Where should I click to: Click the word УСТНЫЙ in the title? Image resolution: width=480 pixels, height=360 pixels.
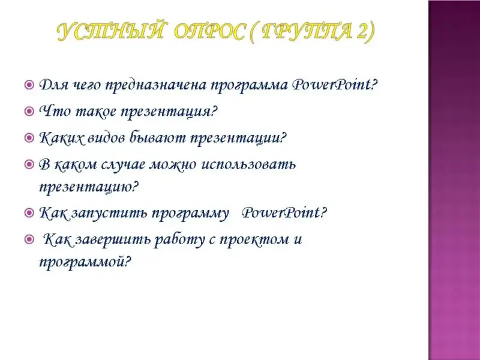click(x=110, y=32)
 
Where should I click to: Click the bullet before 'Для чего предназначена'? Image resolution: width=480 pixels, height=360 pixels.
click(x=29, y=85)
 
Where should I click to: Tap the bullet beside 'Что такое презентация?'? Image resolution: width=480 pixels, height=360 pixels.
click(x=29, y=111)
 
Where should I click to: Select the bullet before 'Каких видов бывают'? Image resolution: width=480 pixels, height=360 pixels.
click(x=29, y=138)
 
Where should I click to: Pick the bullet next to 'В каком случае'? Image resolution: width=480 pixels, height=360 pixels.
click(x=29, y=164)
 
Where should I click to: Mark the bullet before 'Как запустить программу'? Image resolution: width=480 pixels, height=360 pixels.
click(x=29, y=212)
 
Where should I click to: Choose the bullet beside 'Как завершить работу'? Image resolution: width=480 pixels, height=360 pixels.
click(x=29, y=239)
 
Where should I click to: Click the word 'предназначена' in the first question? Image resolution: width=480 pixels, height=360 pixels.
click(x=156, y=85)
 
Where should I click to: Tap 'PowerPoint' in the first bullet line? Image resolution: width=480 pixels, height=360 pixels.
click(x=331, y=85)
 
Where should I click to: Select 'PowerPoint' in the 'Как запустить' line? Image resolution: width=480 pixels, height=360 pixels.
click(x=281, y=212)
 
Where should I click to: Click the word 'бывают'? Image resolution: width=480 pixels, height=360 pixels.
click(x=158, y=138)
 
